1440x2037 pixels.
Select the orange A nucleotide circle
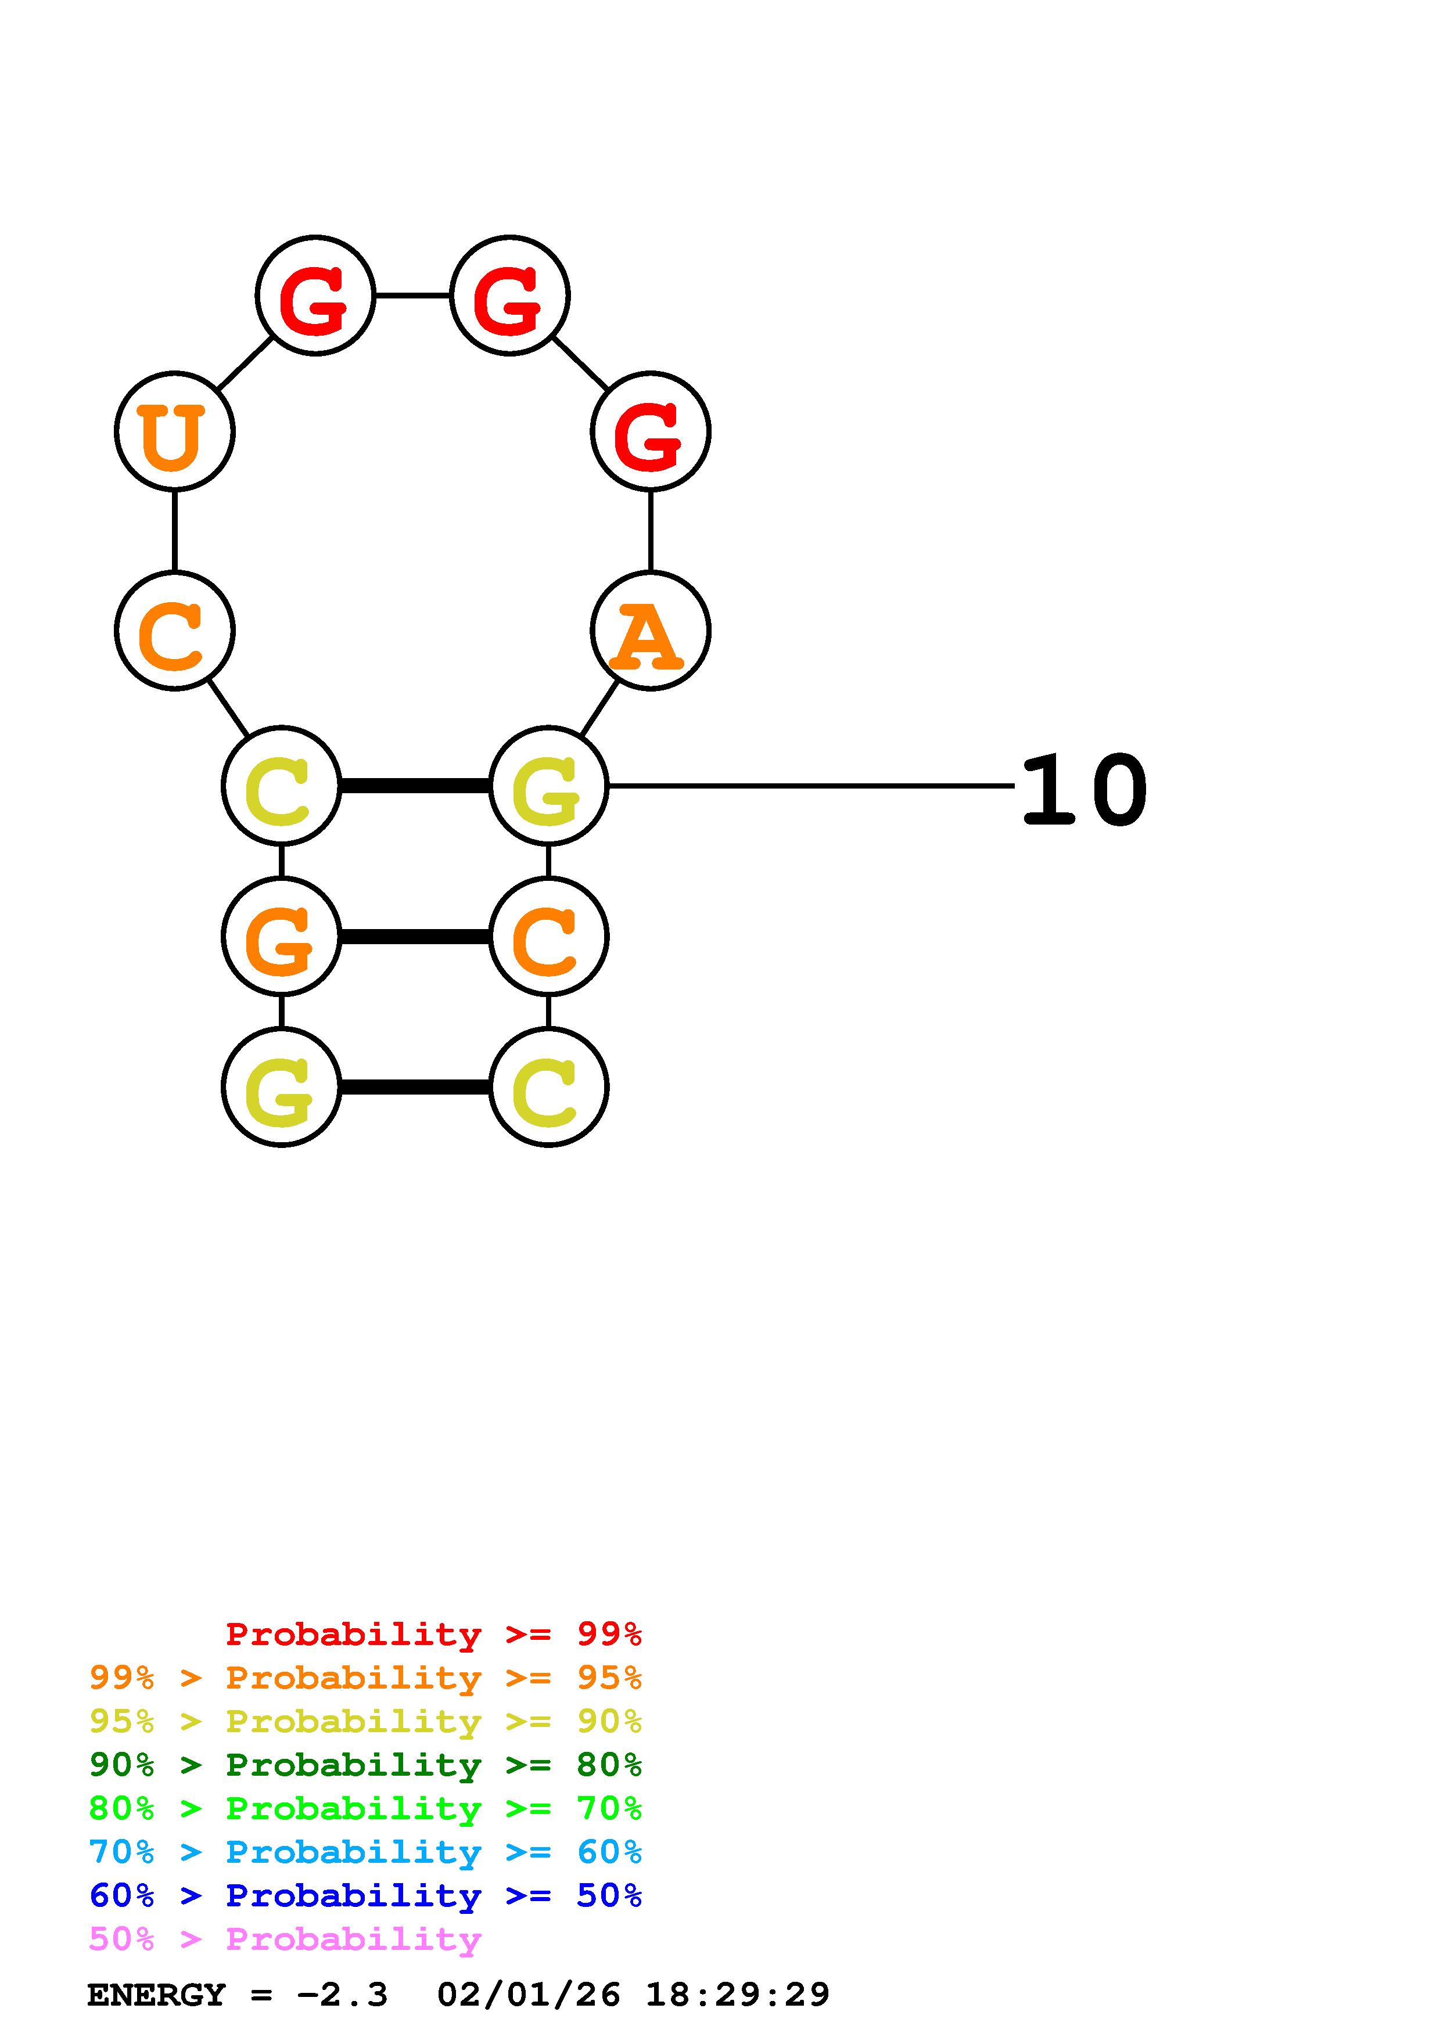pos(651,631)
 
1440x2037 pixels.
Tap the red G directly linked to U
pos(315,296)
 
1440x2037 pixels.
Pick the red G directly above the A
pos(651,431)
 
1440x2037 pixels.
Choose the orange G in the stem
pos(281,936)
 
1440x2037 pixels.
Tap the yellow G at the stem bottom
pos(281,1087)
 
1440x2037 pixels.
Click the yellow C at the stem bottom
pos(548,1087)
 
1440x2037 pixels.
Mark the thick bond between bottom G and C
pos(414,1087)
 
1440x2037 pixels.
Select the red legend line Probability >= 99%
pos(433,1634)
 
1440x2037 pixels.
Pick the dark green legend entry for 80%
pos(365,1765)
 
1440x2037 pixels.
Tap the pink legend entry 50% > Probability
pos(284,1939)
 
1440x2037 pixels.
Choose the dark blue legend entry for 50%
pos(365,1896)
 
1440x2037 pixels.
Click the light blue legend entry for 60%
pos(365,1852)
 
